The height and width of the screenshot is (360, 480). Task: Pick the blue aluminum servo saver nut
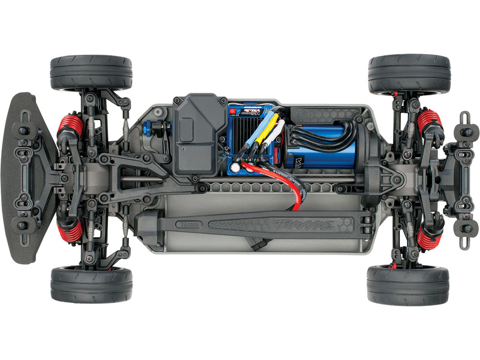pyautogui.click(x=162, y=130)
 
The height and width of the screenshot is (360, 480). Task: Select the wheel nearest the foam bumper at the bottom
pyautogui.click(x=91, y=284)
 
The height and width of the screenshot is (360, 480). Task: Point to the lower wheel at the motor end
pyautogui.click(x=408, y=285)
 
